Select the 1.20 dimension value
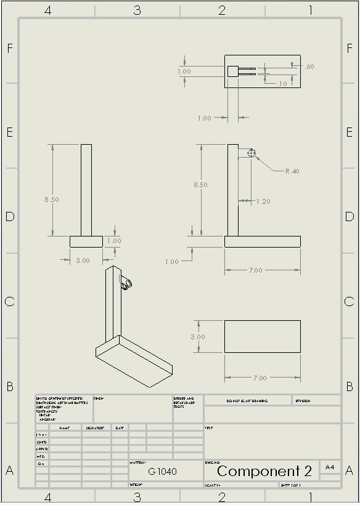point(263,201)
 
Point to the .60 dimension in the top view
point(309,67)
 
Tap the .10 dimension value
point(282,84)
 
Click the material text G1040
point(162,472)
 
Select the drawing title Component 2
point(264,472)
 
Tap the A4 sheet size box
point(330,468)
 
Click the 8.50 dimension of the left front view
point(52,200)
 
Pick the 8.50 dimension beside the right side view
point(200,185)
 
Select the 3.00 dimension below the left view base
point(83,261)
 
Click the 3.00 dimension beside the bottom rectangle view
point(197,337)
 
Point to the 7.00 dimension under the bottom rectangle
point(260,378)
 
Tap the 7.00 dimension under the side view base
point(255,270)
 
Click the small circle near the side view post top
point(251,153)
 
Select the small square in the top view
point(232,71)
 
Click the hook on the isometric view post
point(128,283)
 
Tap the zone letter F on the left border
point(10,48)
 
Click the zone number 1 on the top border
point(311,10)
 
